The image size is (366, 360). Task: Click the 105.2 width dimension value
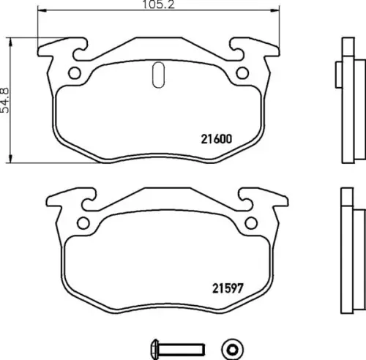click(158, 4)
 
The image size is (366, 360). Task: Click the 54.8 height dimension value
click(4, 100)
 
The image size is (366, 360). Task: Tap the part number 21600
click(217, 139)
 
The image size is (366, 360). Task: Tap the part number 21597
click(228, 288)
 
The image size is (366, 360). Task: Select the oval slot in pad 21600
click(158, 75)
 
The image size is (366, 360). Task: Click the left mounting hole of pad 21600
click(75, 73)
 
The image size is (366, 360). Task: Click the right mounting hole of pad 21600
click(242, 73)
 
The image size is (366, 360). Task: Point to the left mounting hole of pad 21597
click(83, 223)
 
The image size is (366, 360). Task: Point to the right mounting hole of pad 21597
click(251, 223)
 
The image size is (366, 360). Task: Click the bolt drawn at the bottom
click(178, 349)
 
